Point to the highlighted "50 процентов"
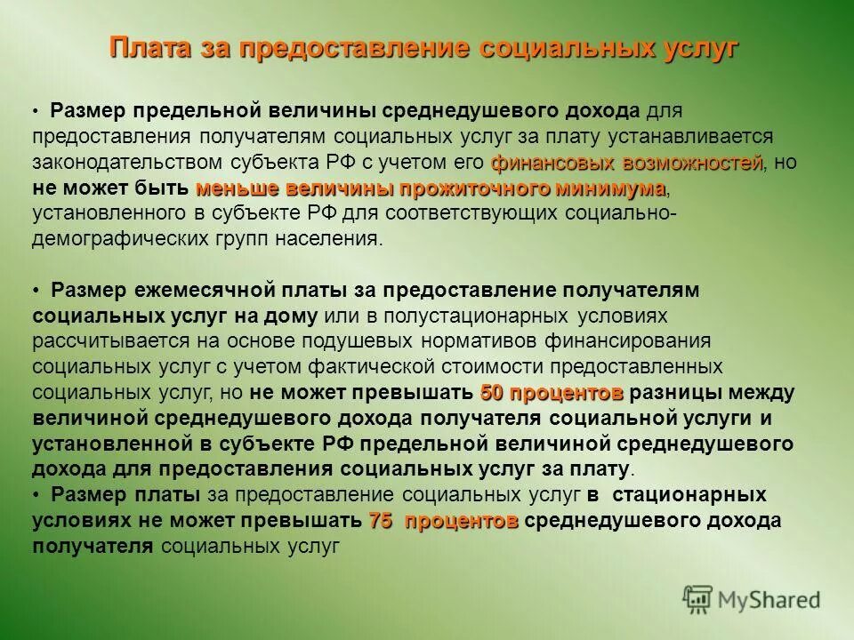tap(551, 392)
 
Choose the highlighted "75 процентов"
tap(443, 522)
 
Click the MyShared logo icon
tap(699, 599)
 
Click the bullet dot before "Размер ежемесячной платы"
tap(38, 292)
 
